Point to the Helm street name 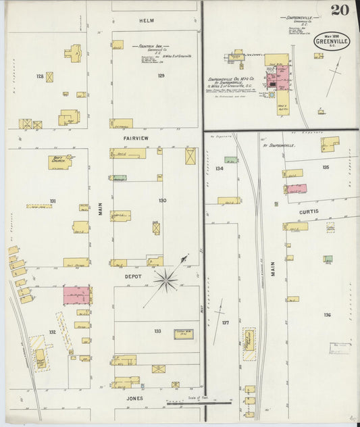(x=147, y=22)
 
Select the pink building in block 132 (x=76, y=295)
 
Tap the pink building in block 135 (x=297, y=189)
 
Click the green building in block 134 (x=231, y=160)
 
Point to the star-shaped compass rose (x=165, y=278)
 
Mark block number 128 (x=40, y=76)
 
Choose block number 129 (x=161, y=76)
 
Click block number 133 (x=157, y=331)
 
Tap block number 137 (x=226, y=322)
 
